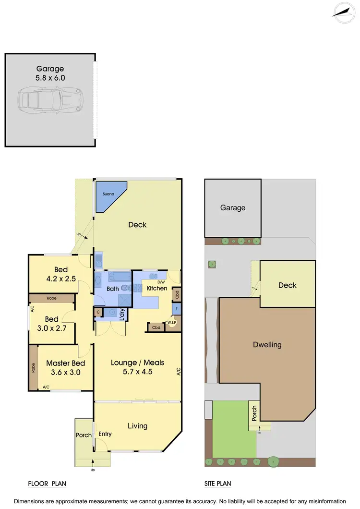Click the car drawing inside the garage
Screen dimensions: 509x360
coord(49,100)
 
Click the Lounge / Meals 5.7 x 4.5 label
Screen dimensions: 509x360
coord(137,367)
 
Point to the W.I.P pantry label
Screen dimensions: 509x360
coord(172,322)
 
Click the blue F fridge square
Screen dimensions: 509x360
coord(177,309)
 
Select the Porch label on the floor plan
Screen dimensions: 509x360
coord(84,436)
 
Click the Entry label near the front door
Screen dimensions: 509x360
coord(105,434)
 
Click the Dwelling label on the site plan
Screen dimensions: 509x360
coord(268,345)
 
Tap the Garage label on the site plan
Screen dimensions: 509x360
coord(233,208)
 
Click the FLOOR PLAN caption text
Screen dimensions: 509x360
coord(47,484)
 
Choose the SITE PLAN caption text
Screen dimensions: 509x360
coord(221,484)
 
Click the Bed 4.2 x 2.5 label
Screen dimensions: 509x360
coord(60,274)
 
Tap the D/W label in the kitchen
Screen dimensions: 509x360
coord(161,282)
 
